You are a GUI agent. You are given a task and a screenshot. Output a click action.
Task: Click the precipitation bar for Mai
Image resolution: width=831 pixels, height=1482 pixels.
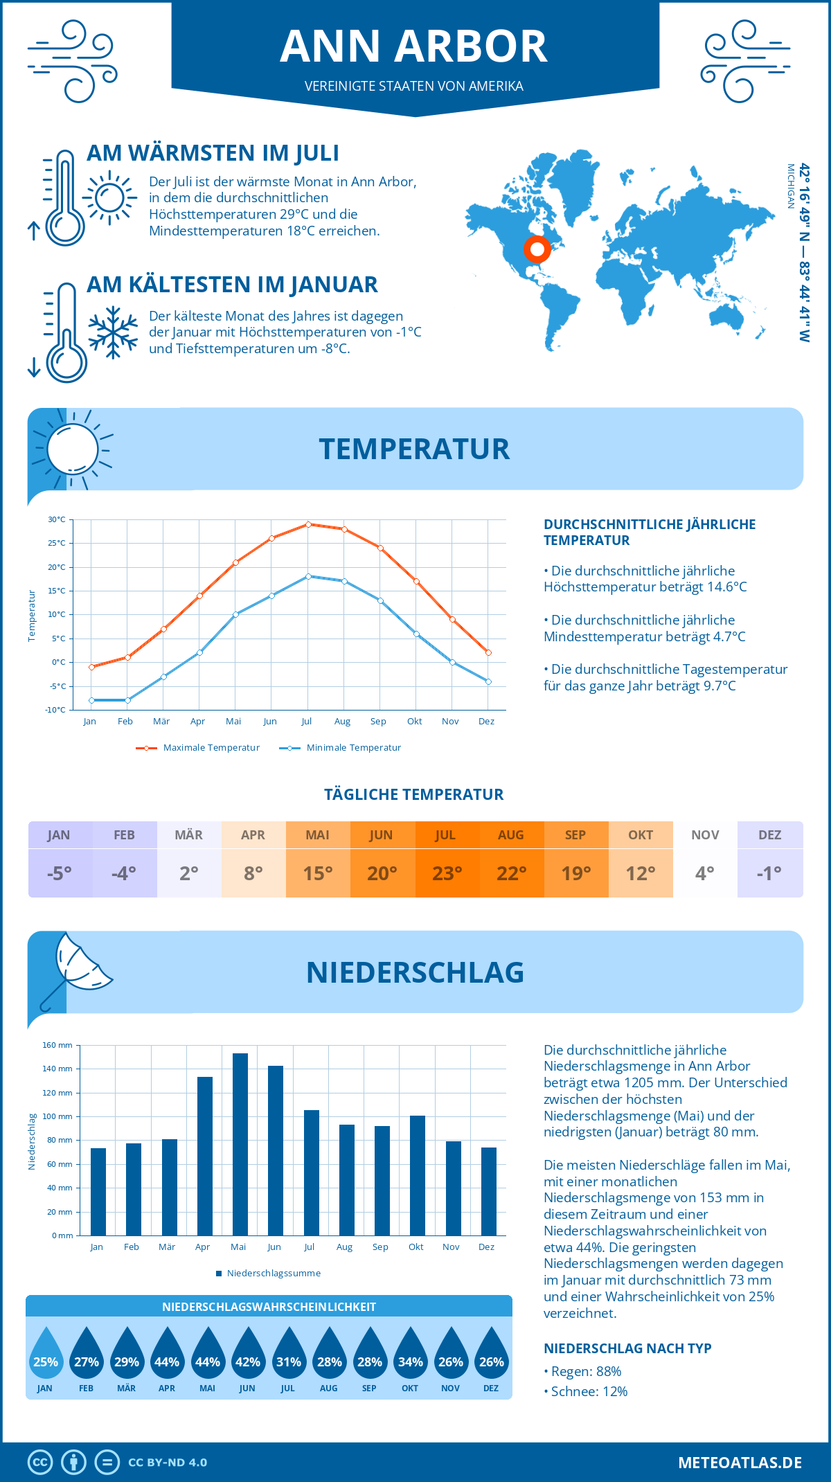(240, 1144)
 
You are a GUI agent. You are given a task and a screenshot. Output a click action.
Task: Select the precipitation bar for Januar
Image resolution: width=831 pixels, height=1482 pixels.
(98, 1191)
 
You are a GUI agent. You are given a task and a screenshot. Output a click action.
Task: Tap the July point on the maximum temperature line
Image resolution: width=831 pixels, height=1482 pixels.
(308, 524)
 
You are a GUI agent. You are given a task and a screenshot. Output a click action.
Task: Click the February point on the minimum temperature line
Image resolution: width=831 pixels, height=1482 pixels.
(127, 700)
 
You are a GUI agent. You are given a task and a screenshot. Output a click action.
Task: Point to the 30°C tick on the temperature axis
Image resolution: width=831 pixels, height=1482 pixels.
(57, 519)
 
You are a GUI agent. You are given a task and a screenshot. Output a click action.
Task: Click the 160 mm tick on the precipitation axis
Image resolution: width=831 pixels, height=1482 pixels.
(58, 1045)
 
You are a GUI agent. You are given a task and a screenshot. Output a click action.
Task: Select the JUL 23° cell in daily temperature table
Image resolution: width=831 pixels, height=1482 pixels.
(447, 859)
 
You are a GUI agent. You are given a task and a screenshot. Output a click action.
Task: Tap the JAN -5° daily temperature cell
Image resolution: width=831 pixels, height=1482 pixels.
(60, 859)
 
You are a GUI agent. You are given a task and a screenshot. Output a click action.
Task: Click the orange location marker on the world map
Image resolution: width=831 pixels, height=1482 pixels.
(537, 249)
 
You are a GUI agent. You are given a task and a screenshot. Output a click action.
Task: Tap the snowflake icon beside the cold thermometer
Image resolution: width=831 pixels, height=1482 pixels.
(112, 332)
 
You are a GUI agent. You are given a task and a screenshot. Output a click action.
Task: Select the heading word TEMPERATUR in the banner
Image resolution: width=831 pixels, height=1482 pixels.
(414, 449)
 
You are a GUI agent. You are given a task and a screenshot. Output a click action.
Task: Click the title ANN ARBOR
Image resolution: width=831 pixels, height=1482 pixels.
(414, 46)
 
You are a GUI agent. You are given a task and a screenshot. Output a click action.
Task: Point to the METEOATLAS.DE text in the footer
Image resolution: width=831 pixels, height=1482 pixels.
(740, 1463)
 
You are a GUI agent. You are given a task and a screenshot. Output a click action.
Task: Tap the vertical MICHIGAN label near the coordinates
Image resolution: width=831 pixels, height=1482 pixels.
(790, 186)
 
